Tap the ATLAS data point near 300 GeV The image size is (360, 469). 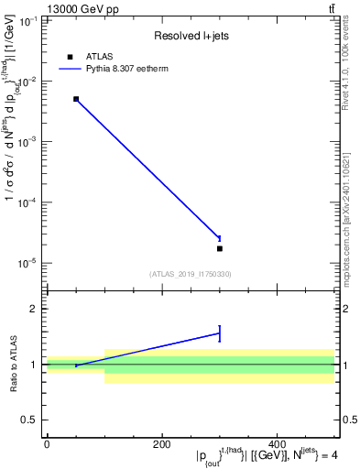coord(220,248)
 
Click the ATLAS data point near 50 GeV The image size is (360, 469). coord(76,99)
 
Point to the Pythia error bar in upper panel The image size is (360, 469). coord(220,237)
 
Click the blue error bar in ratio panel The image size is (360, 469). coord(220,333)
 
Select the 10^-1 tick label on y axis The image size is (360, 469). coord(27,21)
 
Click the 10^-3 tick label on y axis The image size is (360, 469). coord(27,142)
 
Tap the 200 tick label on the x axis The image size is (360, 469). coord(162,445)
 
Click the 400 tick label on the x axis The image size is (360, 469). coord(278,445)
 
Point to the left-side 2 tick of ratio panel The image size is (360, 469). coord(35,309)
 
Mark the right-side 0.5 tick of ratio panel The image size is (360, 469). coord(348,420)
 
